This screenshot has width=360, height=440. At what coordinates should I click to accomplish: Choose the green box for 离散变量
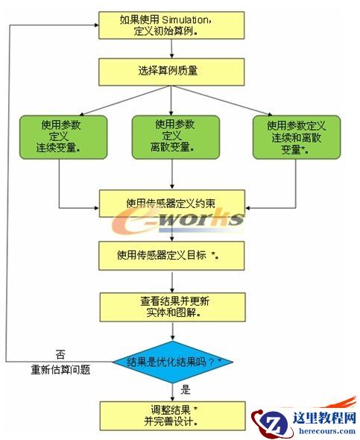[x=175, y=136]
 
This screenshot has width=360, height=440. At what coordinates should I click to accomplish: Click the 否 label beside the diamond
[x=60, y=353]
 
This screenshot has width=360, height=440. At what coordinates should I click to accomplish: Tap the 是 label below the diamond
[x=186, y=389]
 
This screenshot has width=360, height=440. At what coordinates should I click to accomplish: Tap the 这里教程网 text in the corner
[x=319, y=418]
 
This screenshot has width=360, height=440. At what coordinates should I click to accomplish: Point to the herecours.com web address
[x=319, y=430]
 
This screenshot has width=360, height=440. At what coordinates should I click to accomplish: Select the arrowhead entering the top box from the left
[x=95, y=26]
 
